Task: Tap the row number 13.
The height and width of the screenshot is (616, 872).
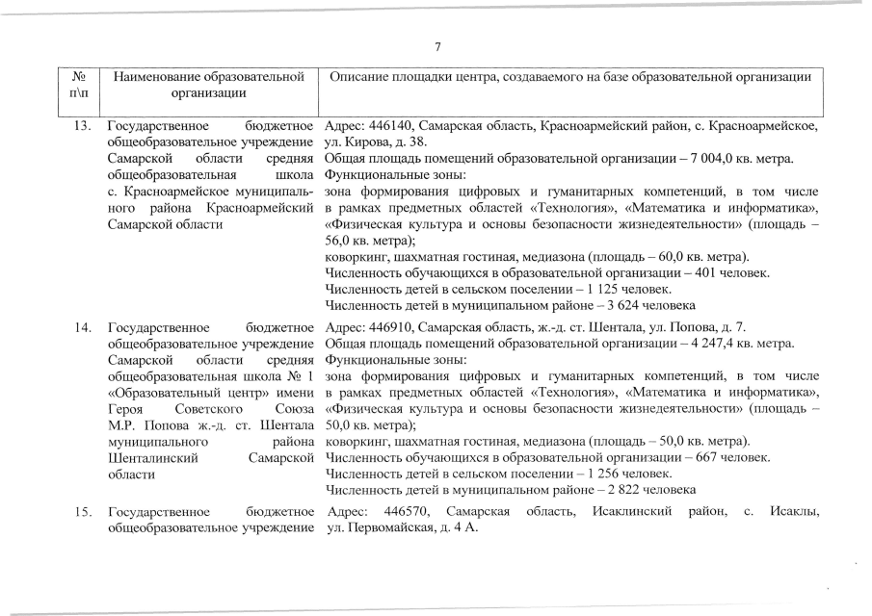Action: tap(84, 127)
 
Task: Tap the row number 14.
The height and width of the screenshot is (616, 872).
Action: tap(84, 328)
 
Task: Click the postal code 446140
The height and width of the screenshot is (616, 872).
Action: tap(398, 127)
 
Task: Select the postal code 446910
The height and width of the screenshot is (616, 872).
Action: tap(398, 328)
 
